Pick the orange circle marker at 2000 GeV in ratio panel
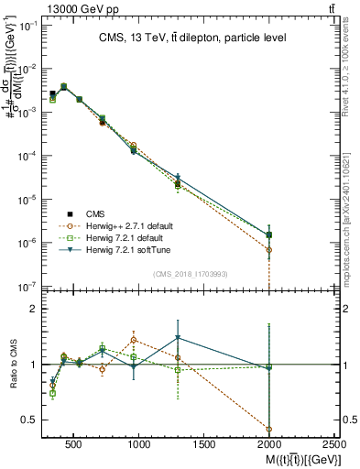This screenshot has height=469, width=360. pos(269,429)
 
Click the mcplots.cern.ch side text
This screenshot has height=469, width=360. pos(352,229)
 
